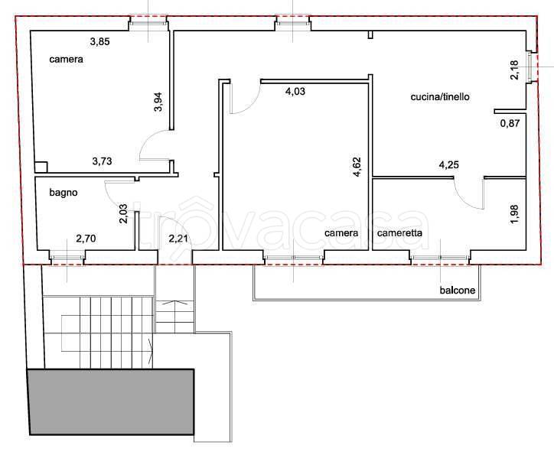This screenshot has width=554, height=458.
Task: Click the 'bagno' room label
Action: click(x=64, y=193)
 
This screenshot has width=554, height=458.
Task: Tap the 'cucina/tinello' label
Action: click(x=440, y=97)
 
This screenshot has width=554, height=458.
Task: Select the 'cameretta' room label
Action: click(x=399, y=233)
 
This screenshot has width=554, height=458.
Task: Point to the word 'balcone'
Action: click(x=457, y=291)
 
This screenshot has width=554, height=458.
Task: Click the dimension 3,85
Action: click(x=100, y=41)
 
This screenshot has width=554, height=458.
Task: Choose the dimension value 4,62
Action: click(x=357, y=167)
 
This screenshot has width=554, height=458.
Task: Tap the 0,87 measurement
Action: click(x=510, y=123)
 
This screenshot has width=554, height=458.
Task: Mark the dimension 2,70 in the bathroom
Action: click(x=86, y=239)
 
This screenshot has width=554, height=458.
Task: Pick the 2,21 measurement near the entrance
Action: click(x=178, y=239)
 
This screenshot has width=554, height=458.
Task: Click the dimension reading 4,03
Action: click(x=295, y=92)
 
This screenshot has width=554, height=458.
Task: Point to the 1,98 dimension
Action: click(x=515, y=213)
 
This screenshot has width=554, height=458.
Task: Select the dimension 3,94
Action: click(x=158, y=102)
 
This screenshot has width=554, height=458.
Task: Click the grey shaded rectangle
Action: click(x=111, y=402)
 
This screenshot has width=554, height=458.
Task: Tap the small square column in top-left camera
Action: click(x=41, y=167)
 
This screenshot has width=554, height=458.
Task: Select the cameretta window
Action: click(x=440, y=258)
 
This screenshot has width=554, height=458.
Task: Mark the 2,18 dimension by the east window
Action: click(x=515, y=70)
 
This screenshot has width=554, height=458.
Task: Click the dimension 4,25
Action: click(x=448, y=165)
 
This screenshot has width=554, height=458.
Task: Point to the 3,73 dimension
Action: click(x=102, y=161)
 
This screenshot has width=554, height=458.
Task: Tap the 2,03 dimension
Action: click(x=123, y=214)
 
